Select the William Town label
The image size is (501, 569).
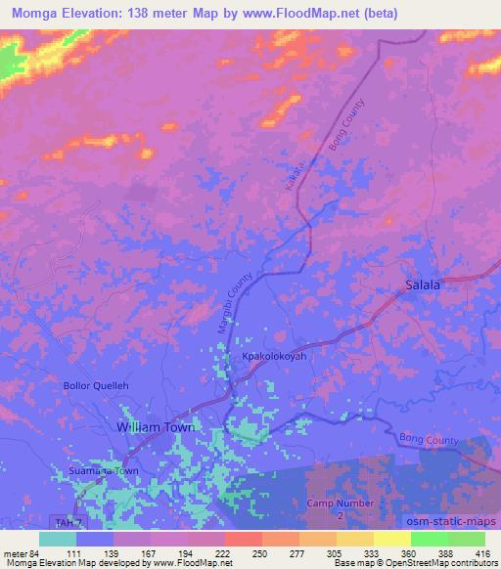coord(156,428)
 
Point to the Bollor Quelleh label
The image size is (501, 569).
coord(96,384)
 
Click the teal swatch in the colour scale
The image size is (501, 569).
coord(58,539)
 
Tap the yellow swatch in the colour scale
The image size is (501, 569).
coord(391,539)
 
